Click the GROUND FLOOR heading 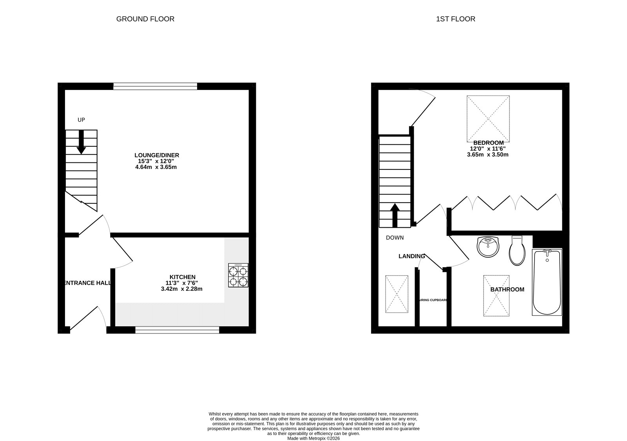(x=145, y=19)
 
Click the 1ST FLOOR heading (x=455, y=19)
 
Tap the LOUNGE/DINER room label (x=156, y=155)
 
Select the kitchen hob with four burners (x=238, y=275)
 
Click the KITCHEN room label (x=182, y=277)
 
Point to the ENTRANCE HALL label (x=87, y=283)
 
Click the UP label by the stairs (x=81, y=120)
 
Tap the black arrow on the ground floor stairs (x=81, y=141)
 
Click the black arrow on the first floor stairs (x=395, y=215)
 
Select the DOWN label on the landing (x=395, y=238)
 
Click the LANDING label (x=411, y=256)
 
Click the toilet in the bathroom (x=517, y=251)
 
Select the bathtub (x=547, y=282)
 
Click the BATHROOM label (x=507, y=290)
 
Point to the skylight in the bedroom (x=488, y=119)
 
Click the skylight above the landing (x=397, y=294)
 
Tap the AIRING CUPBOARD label (x=433, y=300)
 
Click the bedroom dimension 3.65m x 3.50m (x=487, y=155)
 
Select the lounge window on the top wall (x=155, y=86)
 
